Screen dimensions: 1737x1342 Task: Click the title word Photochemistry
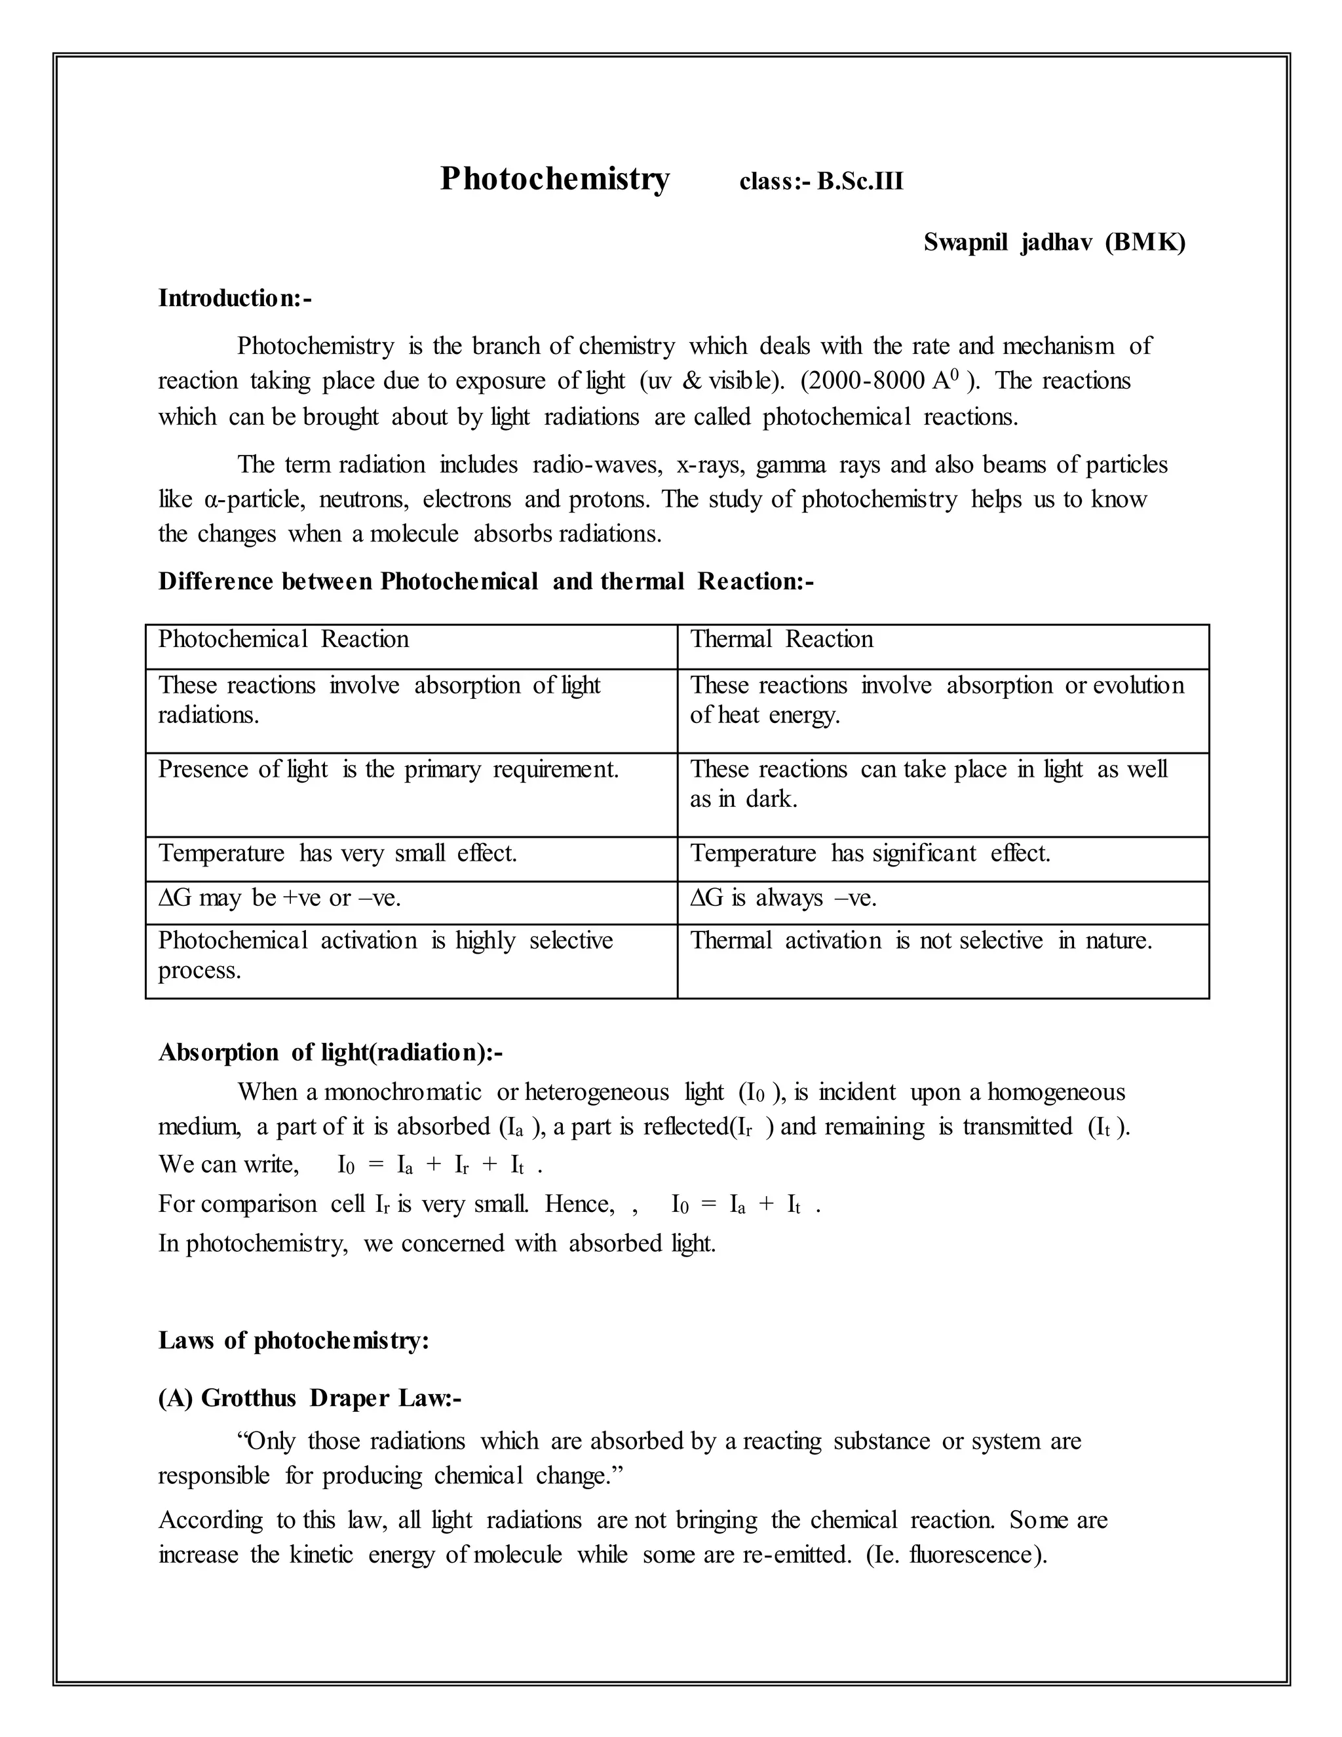tap(554, 179)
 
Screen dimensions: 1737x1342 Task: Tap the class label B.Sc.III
tap(860, 182)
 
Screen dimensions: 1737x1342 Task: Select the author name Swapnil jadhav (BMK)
tap(1054, 242)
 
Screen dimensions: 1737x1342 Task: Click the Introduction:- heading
tap(235, 298)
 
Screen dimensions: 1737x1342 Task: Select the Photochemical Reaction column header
tap(283, 640)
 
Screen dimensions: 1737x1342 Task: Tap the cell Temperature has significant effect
tap(870, 853)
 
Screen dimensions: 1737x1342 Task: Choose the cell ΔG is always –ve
tap(782, 898)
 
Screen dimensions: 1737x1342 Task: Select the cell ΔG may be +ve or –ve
tap(279, 898)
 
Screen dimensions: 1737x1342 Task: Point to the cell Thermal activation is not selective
tap(920, 941)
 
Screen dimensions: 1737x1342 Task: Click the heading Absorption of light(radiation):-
tap(330, 1052)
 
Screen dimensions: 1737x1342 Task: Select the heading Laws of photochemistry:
tap(294, 1340)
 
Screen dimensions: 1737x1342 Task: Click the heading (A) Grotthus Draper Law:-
tap(309, 1398)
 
